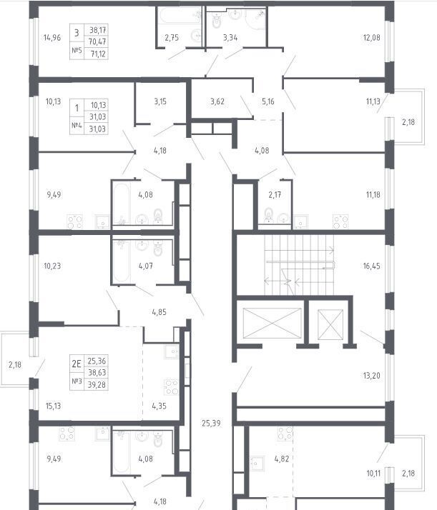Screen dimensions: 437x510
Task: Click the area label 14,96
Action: click(x=52, y=38)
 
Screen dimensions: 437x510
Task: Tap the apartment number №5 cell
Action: click(x=77, y=51)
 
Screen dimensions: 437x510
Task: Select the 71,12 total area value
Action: click(x=98, y=54)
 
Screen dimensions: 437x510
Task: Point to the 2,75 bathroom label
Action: click(x=172, y=38)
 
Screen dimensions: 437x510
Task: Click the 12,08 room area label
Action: click(x=371, y=38)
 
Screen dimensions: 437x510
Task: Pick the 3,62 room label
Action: click(x=217, y=101)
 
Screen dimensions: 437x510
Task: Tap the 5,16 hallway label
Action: click(x=268, y=101)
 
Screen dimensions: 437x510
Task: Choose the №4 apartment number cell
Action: click(x=77, y=126)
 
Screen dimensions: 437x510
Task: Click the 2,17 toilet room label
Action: click(x=275, y=195)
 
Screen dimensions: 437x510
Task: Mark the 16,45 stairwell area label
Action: click(x=371, y=266)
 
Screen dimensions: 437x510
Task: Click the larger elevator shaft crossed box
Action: click(x=272, y=323)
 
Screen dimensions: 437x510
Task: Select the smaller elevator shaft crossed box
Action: click(x=330, y=324)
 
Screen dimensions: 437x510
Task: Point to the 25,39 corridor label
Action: click(x=211, y=424)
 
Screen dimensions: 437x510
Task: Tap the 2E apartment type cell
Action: click(x=77, y=364)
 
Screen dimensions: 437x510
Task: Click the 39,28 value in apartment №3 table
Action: click(x=97, y=385)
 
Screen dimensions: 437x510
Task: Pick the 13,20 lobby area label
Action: click(x=371, y=376)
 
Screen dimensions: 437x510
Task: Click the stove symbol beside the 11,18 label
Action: click(x=340, y=221)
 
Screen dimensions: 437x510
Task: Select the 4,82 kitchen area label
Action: click(x=282, y=459)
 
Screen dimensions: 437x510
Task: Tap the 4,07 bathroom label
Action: click(x=146, y=266)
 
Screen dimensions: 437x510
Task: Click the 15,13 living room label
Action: click(x=53, y=406)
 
